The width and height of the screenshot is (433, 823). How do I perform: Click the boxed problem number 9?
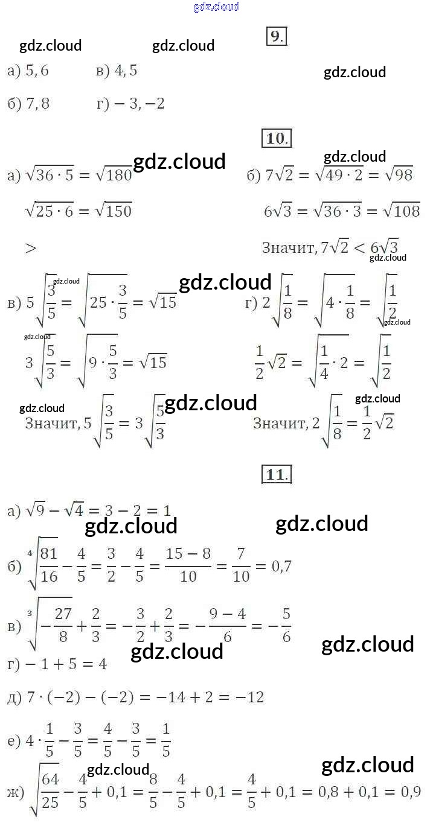[275, 37]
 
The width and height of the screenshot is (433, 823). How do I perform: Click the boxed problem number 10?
[276, 138]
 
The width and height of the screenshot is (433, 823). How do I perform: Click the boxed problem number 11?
[276, 474]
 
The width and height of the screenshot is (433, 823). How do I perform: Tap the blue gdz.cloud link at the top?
[216, 7]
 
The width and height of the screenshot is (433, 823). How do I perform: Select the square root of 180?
[114, 176]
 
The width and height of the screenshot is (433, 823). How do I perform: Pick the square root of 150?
[114, 211]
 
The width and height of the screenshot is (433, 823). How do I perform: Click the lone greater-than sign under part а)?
[31, 247]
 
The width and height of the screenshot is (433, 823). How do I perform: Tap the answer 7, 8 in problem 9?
[37, 104]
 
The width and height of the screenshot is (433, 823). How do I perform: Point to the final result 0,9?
[408, 792]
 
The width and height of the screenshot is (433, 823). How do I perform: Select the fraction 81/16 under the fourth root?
[49, 566]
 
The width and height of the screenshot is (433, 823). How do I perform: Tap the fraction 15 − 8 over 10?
[188, 566]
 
